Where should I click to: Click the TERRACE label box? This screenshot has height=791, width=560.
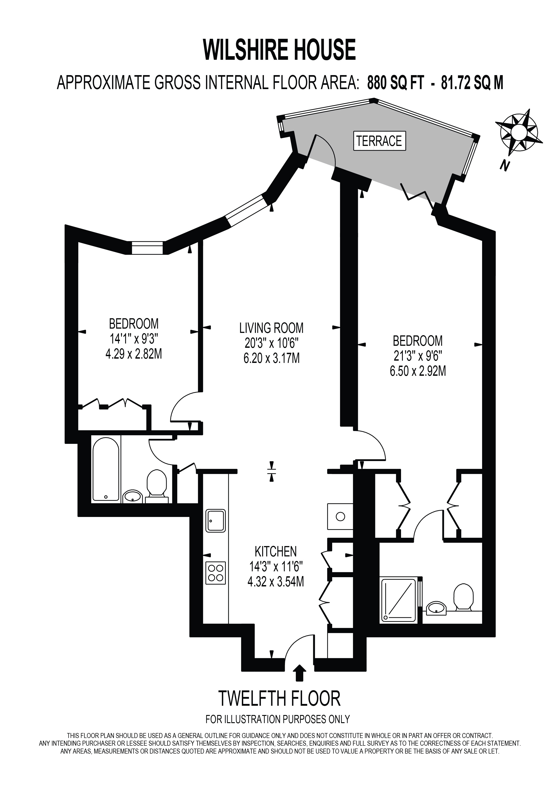click(379, 141)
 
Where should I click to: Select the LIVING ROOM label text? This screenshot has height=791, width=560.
click(271, 328)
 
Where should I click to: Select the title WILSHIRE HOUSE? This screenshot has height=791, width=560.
click(280, 50)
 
